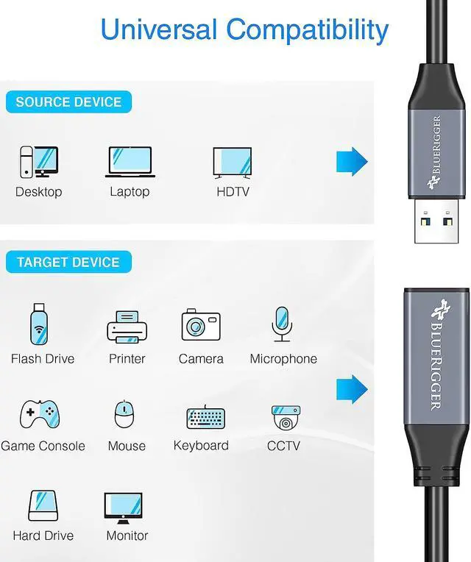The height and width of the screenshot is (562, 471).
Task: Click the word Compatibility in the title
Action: coord(307,30)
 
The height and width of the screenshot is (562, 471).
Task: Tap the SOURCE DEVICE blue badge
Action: coord(68,102)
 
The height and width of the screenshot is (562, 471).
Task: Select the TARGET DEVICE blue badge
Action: coord(68,262)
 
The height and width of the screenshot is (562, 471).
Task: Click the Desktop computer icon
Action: coord(38,162)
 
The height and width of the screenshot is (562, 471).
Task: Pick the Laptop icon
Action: coord(130,162)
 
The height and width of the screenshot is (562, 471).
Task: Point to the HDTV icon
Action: coord(233,163)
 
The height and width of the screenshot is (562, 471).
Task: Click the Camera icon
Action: coord(201,324)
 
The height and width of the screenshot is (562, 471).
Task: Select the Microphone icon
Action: coord(282,324)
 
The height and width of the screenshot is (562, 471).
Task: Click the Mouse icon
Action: coord(125,415)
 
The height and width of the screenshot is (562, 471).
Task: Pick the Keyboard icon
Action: coord(201,416)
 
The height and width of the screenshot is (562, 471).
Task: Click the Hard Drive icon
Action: coord(43,505)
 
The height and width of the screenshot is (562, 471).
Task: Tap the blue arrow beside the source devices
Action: coord(352,161)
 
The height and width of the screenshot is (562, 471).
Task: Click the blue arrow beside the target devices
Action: coord(352,390)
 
